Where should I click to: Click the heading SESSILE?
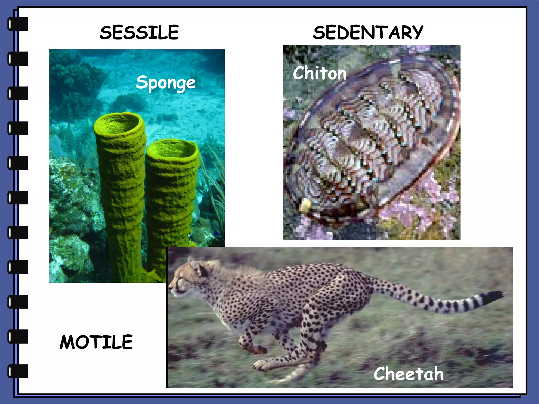(139, 33)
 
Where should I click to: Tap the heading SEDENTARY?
(368, 33)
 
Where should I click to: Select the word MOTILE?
(96, 342)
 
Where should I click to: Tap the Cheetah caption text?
(408, 373)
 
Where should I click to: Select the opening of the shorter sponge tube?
(172, 149)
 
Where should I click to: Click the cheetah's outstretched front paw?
(259, 366)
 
